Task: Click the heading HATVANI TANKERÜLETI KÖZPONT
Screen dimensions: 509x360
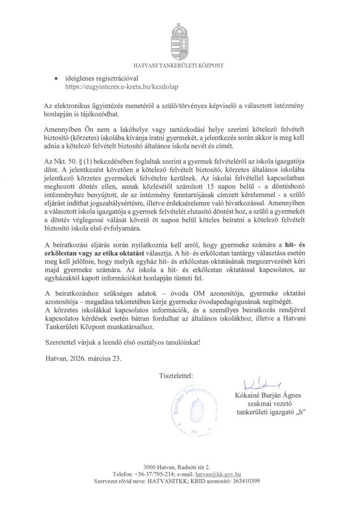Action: [x=180, y=65]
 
